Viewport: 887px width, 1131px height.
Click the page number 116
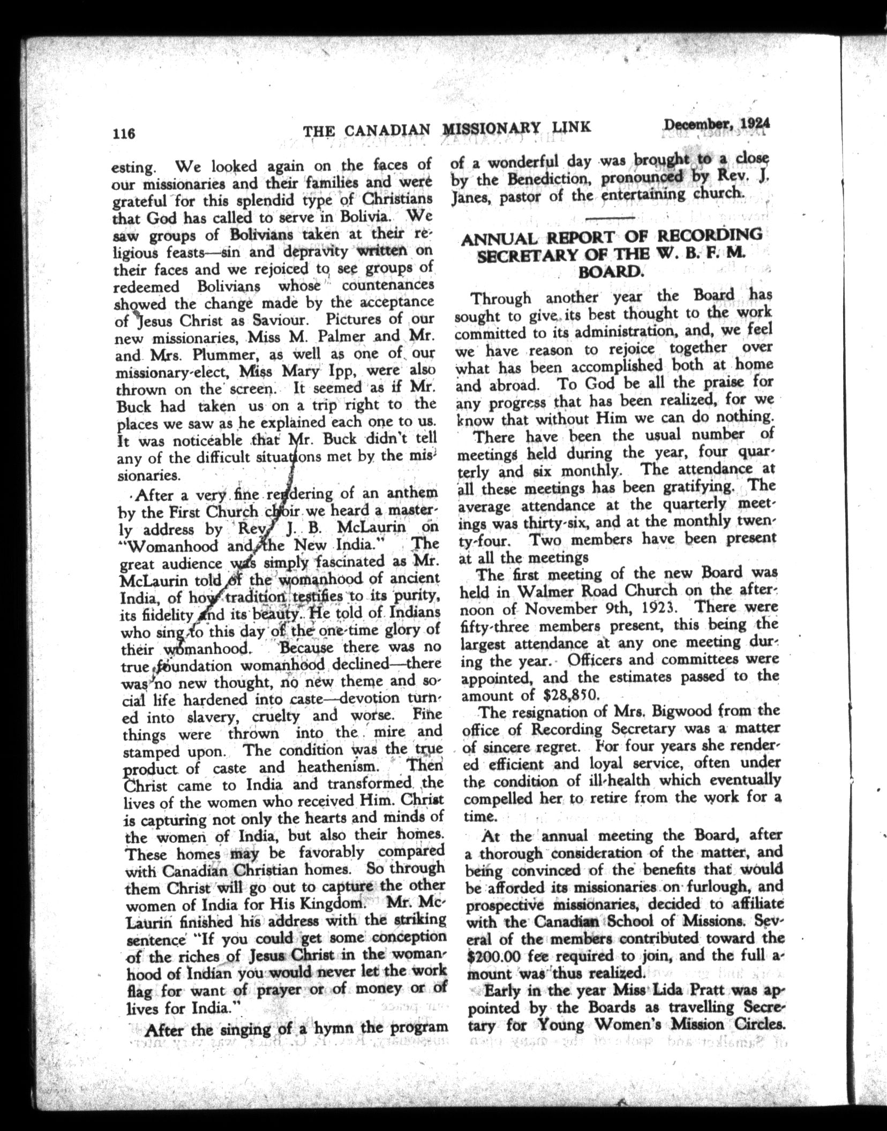click(x=124, y=132)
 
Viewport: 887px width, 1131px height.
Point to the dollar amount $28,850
click(x=570, y=695)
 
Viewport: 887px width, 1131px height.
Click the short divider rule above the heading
click(x=610, y=218)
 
